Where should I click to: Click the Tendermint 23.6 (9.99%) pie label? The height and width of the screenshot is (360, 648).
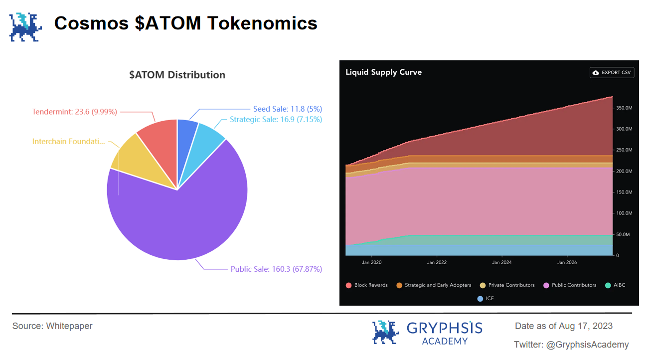coord(74,112)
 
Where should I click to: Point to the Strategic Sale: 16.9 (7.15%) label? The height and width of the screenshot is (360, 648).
coord(276,119)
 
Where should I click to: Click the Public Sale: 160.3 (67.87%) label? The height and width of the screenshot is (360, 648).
coord(276,269)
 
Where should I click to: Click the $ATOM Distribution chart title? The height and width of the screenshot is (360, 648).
coord(177,75)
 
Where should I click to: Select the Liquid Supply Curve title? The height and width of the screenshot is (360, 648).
coord(383,72)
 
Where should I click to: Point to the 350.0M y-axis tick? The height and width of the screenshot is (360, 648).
coord(624,108)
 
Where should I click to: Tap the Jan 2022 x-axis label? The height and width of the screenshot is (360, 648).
coord(437,262)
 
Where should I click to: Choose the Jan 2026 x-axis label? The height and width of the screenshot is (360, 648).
coord(567,262)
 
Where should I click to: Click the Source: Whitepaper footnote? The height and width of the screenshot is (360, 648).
coord(52,326)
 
